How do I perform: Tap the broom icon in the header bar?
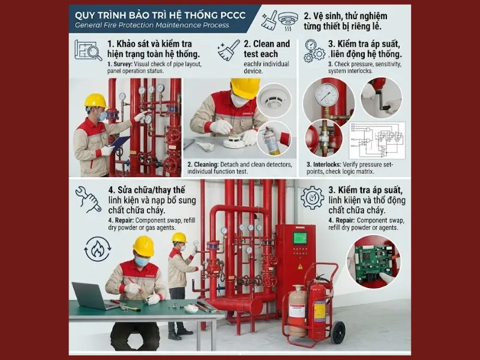(269, 19)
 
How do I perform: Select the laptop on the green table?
(89, 296)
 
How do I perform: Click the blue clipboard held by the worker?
(120, 143)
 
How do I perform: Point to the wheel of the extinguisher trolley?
(338, 332)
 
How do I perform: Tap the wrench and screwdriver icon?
(88, 199)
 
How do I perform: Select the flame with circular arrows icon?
(97, 248)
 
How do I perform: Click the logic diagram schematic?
(377, 141)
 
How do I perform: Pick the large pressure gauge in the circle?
(326, 95)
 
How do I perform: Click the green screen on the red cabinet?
(299, 238)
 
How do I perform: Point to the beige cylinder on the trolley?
(297, 310)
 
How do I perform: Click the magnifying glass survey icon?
(88, 50)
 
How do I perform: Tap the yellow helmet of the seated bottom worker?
(143, 245)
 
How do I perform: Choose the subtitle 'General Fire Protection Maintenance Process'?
(152, 25)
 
